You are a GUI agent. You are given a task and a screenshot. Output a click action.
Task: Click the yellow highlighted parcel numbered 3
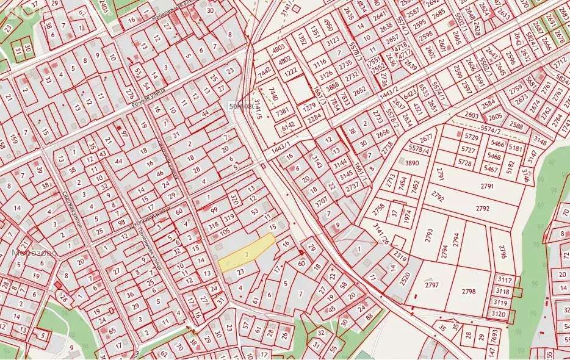pos(246,253)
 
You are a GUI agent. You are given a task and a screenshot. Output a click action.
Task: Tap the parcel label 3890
pos(413,163)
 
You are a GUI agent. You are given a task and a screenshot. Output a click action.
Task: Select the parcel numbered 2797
pos(432,285)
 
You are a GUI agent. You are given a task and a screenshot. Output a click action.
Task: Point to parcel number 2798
pos(468,291)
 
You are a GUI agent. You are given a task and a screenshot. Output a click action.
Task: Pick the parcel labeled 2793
pos(429,234)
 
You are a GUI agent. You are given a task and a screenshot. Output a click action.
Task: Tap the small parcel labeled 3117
pos(505,280)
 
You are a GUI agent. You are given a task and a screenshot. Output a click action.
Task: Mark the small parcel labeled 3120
pos(500,314)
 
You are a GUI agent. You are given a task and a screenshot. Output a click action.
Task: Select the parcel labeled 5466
pos(498,144)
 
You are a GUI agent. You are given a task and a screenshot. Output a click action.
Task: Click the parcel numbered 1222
pos(290,72)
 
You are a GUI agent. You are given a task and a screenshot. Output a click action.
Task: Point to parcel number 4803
pos(278,47)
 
